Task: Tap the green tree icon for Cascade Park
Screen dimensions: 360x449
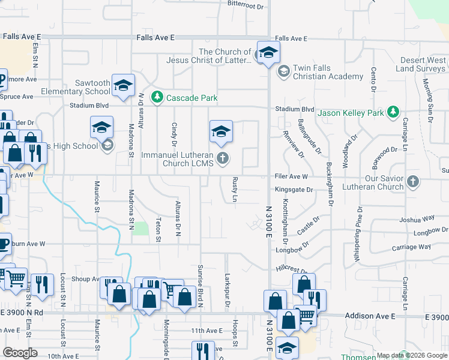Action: click(157, 97)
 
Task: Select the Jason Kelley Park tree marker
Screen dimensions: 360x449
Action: click(393, 112)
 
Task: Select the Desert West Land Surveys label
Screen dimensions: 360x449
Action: click(424, 65)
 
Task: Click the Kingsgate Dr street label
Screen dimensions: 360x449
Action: click(294, 190)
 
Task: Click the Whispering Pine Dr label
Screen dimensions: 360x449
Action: click(360, 227)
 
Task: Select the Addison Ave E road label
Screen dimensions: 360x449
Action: click(370, 316)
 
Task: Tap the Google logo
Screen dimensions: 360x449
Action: click(20, 353)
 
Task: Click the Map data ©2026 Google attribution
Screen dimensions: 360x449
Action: click(412, 355)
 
